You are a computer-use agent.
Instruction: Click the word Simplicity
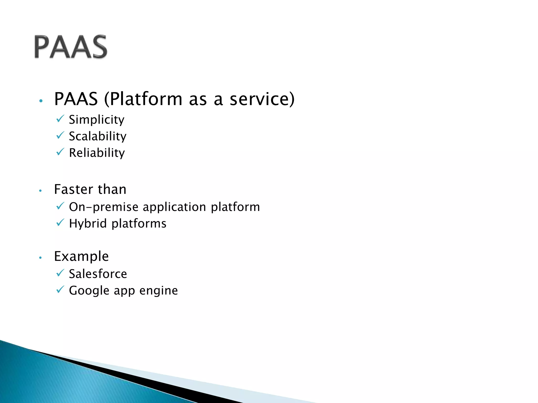click(x=96, y=120)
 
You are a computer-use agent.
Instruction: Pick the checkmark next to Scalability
click(x=60, y=135)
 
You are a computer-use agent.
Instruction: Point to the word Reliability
click(x=97, y=153)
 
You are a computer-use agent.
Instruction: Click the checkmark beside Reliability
click(x=60, y=152)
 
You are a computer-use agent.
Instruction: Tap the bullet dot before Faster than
click(x=40, y=191)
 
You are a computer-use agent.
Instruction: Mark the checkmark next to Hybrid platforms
click(x=60, y=223)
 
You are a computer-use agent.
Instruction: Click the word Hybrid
click(x=88, y=224)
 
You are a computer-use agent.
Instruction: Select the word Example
click(x=81, y=256)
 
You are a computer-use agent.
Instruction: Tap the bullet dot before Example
click(x=40, y=258)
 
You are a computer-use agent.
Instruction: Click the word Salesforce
click(x=98, y=274)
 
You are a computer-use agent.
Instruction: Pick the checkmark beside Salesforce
click(x=60, y=273)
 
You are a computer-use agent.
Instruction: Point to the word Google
click(x=89, y=291)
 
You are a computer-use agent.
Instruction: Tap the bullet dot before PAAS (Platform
click(x=41, y=101)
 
